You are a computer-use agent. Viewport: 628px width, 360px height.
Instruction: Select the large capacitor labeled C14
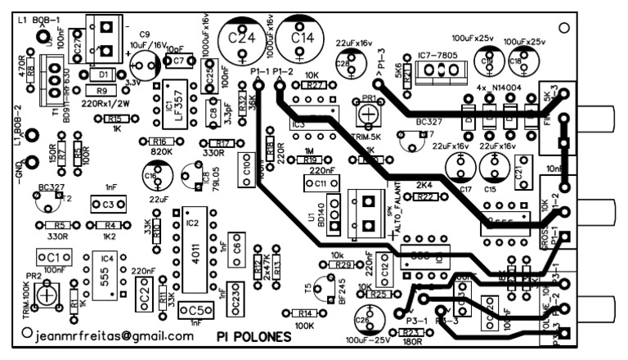pyautogui.click(x=301, y=37)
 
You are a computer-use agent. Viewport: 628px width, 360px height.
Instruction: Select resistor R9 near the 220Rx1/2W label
pyautogui.click(x=101, y=91)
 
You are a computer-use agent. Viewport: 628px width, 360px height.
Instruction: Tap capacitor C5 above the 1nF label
pyautogui.click(x=195, y=310)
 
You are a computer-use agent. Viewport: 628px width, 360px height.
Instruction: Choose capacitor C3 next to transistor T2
pyautogui.click(x=103, y=203)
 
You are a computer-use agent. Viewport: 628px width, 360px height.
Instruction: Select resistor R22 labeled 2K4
pyautogui.click(x=424, y=197)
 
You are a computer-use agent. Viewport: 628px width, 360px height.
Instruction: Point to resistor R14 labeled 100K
pyautogui.click(x=304, y=313)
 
